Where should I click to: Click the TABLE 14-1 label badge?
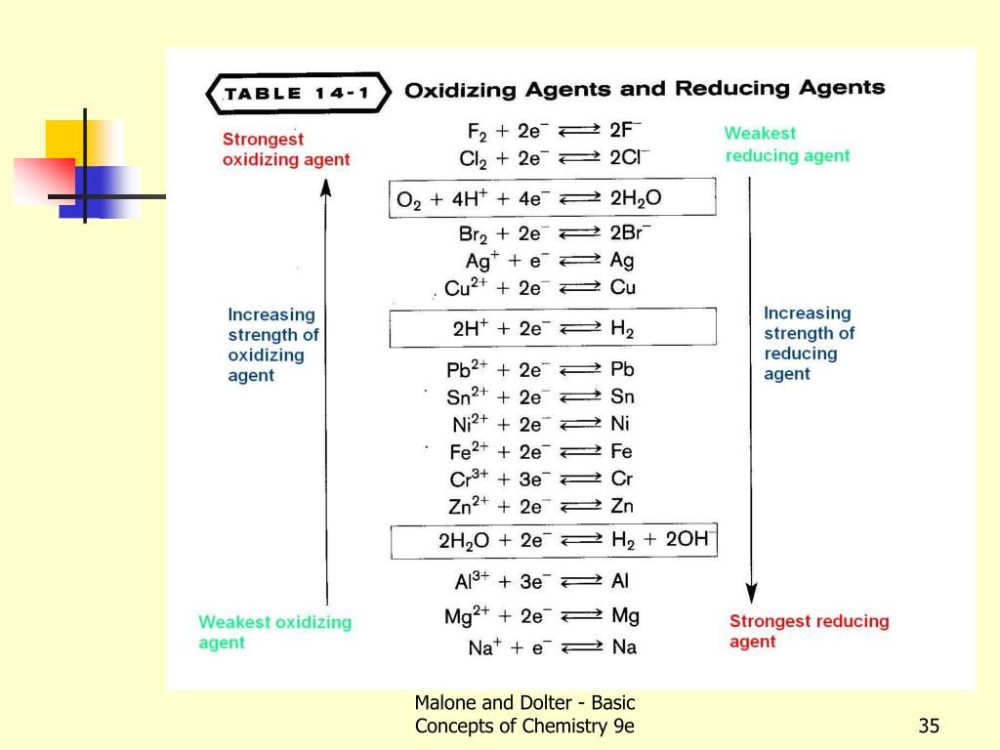[298, 95]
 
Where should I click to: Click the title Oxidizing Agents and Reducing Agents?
[645, 89]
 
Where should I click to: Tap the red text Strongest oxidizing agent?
[285, 149]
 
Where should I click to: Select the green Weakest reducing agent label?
[786, 145]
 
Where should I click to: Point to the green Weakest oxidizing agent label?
[274, 632]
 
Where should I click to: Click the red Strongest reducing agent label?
[809, 631]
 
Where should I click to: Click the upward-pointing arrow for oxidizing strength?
[327, 391]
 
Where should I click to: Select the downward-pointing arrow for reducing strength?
[750, 391]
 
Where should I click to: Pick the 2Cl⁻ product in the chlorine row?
[629, 157]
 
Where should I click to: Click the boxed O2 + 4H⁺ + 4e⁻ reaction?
[552, 198]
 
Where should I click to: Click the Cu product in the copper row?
[622, 287]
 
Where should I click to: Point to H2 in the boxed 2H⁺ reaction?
[622, 329]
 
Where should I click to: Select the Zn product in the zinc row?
[621, 505]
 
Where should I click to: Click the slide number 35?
[928, 726]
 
